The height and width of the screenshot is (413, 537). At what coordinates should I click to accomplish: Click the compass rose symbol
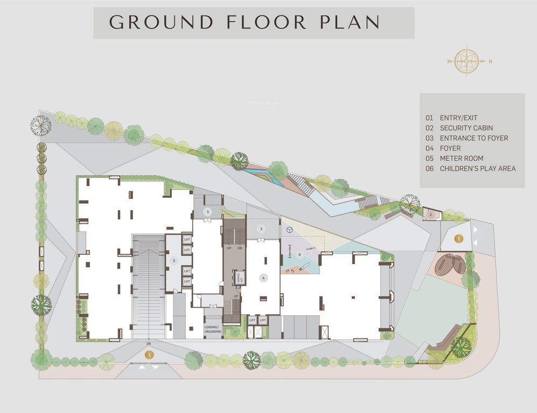point(466,61)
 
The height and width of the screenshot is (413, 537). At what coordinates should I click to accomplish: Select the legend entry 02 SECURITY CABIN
point(466,128)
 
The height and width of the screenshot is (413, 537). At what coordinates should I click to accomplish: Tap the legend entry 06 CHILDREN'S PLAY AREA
point(477,168)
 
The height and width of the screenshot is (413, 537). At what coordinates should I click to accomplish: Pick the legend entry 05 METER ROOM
point(461,158)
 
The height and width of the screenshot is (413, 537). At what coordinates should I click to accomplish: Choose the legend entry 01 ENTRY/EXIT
point(458,118)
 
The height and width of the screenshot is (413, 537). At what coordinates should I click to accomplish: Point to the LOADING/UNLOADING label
point(213,329)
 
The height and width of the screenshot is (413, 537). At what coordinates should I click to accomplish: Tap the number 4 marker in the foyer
point(263,278)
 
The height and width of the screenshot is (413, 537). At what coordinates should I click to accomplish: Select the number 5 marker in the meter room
point(173,261)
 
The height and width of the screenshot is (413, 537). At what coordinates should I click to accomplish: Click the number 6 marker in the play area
point(300,254)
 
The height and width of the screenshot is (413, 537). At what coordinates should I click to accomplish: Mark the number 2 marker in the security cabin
point(430,215)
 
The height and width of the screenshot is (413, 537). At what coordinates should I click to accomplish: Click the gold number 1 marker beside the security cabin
point(458,238)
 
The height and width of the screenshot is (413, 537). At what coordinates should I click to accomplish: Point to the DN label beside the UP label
point(240,249)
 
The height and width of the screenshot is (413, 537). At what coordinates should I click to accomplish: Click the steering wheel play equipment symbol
point(290,230)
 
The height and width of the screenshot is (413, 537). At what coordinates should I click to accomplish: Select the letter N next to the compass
point(490,61)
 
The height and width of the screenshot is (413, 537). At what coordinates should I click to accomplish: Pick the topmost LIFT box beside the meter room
point(187,239)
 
